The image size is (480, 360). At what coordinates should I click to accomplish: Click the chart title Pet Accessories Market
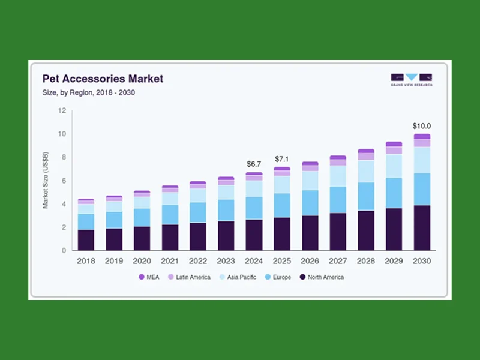click(102, 79)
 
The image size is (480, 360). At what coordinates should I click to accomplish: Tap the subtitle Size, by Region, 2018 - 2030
click(92, 92)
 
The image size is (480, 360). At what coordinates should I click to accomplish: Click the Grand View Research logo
click(411, 80)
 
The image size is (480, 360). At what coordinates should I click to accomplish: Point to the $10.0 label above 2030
click(422, 126)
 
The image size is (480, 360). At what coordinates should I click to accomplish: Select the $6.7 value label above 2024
click(254, 164)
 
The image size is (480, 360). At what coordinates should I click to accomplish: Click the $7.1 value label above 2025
click(282, 159)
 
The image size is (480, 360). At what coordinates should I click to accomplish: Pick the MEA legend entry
click(150, 277)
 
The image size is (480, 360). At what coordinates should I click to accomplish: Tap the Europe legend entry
click(280, 277)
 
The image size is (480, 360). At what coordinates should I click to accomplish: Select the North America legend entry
click(322, 277)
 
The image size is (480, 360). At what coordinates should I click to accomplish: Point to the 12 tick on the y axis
click(62, 111)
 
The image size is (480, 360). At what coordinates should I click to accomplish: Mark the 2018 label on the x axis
click(86, 261)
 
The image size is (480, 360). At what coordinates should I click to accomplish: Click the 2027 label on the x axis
click(338, 261)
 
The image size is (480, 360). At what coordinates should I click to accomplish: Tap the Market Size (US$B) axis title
click(46, 181)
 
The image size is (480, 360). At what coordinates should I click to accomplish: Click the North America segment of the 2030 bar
click(422, 228)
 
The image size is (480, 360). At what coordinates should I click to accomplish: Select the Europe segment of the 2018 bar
click(86, 222)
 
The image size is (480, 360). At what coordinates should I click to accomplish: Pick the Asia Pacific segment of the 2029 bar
click(394, 166)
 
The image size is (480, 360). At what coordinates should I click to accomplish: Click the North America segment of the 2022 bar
click(198, 236)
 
